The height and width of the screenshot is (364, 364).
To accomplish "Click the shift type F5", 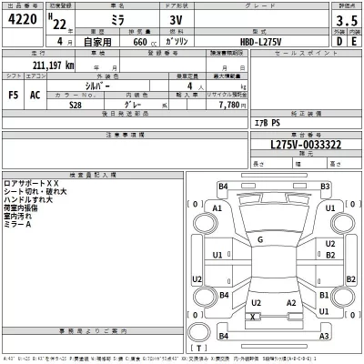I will tap(13, 94).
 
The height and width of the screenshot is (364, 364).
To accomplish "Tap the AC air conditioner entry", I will tap(35, 94).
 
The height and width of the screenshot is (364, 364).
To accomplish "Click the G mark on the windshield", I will tap(260, 239).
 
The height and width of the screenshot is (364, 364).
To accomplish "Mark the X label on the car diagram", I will tap(252, 316).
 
